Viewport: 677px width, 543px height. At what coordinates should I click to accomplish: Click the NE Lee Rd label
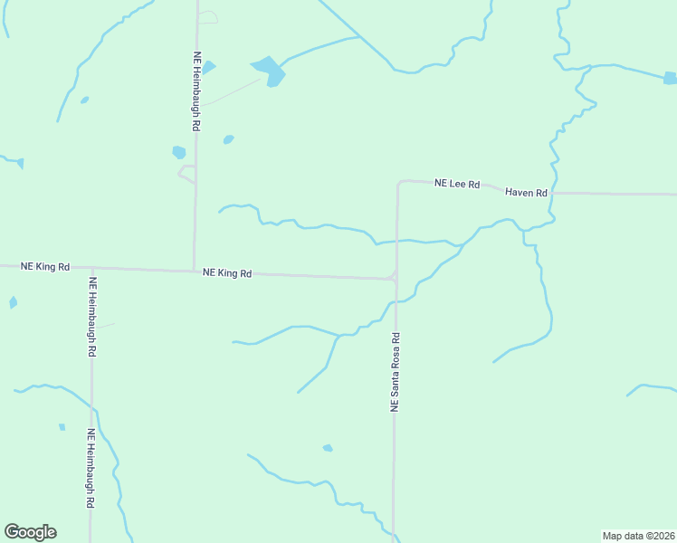coord(455,184)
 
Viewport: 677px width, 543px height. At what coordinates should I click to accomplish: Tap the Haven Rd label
coord(527,193)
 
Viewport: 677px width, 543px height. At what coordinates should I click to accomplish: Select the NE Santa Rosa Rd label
coord(395,373)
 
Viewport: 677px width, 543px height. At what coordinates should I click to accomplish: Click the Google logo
coord(30,532)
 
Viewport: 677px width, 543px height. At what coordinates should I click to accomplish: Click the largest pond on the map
coord(270,70)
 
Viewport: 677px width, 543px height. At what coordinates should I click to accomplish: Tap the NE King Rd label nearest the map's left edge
coord(45,267)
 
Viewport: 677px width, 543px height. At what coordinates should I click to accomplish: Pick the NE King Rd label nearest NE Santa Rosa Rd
coord(227,272)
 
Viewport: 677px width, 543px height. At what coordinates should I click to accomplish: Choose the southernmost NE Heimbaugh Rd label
coord(91,469)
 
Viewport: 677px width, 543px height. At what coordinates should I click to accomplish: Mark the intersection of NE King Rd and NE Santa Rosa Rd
coord(396,279)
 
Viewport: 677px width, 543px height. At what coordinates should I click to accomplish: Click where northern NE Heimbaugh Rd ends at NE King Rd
coord(195,271)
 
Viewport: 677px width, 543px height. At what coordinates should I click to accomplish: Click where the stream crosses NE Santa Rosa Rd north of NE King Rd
coord(396,242)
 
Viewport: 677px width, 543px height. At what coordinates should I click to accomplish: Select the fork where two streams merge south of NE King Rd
coord(338,336)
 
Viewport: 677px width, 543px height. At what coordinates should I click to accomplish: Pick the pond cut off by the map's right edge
coord(671,79)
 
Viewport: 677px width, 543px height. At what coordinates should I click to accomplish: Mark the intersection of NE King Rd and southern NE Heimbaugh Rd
coord(91,269)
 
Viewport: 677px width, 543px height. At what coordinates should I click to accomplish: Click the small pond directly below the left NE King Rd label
coord(13,302)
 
